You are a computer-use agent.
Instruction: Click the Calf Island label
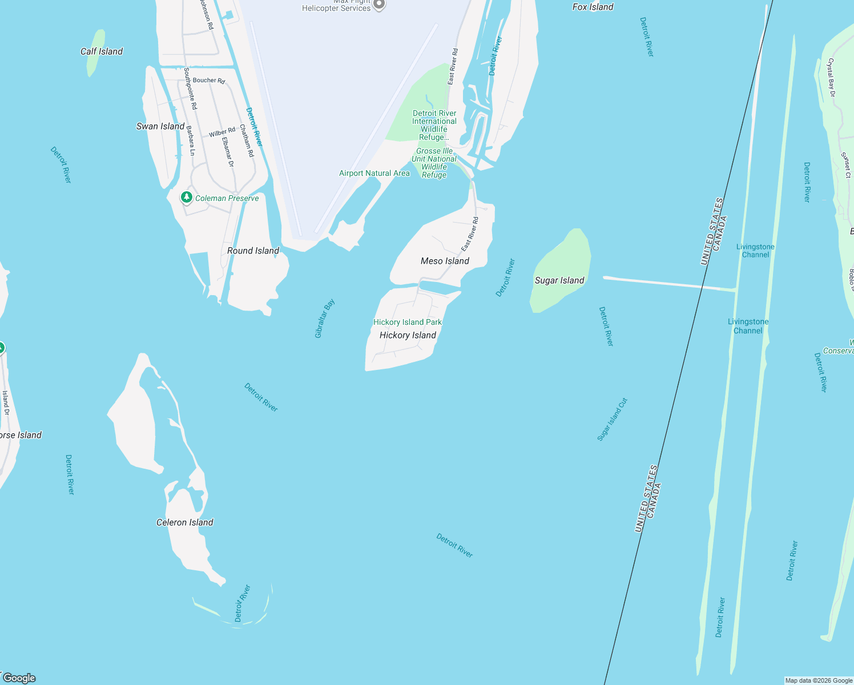pyautogui.click(x=102, y=51)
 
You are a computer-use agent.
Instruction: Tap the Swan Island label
pyautogui.click(x=160, y=126)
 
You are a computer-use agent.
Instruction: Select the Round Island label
pyautogui.click(x=253, y=251)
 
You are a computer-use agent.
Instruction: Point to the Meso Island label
pyautogui.click(x=445, y=261)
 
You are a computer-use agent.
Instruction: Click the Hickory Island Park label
pyautogui.click(x=408, y=322)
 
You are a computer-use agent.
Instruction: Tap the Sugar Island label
pyautogui.click(x=559, y=280)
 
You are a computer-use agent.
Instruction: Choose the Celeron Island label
pyautogui.click(x=185, y=522)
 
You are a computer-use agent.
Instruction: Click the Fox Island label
pyautogui.click(x=593, y=7)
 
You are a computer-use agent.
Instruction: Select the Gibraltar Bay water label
pyautogui.click(x=325, y=319)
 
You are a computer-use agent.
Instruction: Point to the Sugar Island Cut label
pyautogui.click(x=613, y=419)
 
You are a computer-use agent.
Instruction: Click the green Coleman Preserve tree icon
pyautogui.click(x=186, y=198)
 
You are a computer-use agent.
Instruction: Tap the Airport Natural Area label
pyautogui.click(x=374, y=173)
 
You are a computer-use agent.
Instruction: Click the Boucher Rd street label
pyautogui.click(x=209, y=80)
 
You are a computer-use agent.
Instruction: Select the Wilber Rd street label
pyautogui.click(x=222, y=132)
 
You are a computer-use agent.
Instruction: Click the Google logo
pyautogui.click(x=19, y=678)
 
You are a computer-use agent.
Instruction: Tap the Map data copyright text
pyautogui.click(x=819, y=680)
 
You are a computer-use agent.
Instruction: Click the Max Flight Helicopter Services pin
pyautogui.click(x=379, y=5)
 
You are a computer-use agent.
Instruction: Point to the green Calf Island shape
pyautogui.click(x=95, y=53)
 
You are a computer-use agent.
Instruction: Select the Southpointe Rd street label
pyautogui.click(x=191, y=88)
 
